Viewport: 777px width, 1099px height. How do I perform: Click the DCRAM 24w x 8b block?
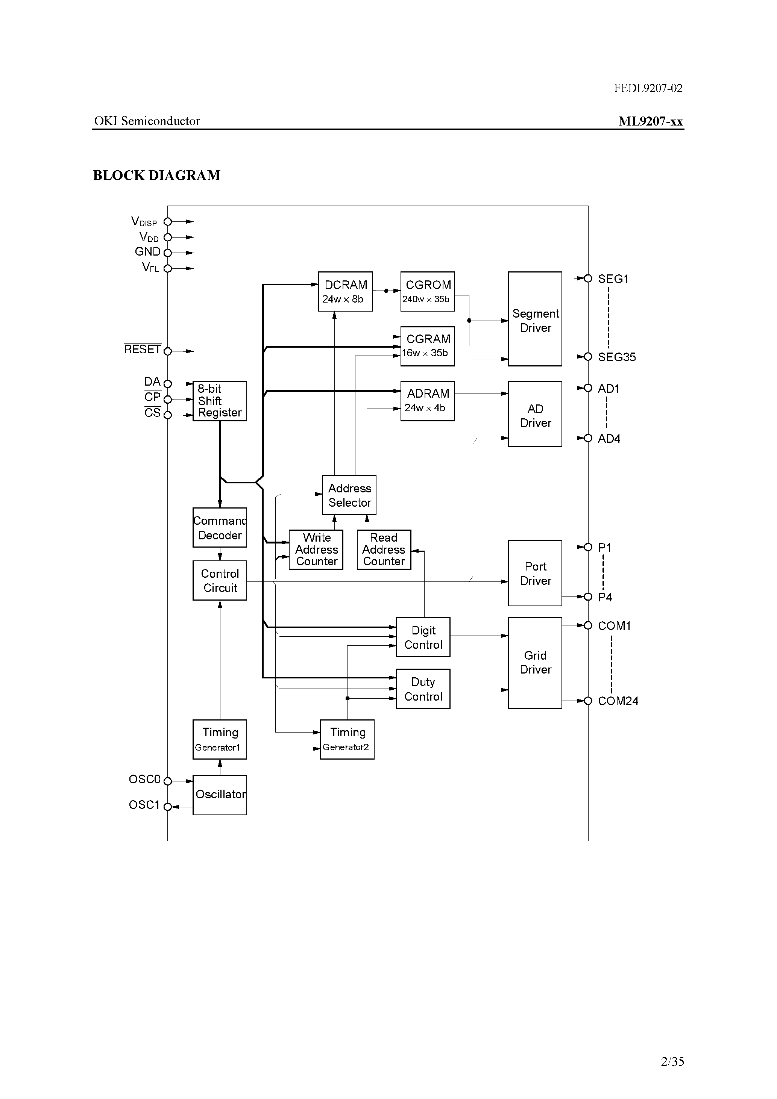[x=345, y=292]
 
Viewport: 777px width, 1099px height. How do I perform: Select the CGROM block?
[x=427, y=292]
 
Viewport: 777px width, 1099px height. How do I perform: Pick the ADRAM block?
[x=427, y=401]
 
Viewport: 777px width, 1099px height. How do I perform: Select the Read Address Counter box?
[x=384, y=549]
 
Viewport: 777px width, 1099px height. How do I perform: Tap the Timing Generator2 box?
[x=347, y=739]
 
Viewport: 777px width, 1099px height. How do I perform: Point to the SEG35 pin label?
[x=616, y=357]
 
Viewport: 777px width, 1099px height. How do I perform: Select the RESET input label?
[x=142, y=350]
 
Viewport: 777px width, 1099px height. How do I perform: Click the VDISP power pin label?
[x=144, y=222]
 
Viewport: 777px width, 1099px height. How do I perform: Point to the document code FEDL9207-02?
[x=648, y=88]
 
